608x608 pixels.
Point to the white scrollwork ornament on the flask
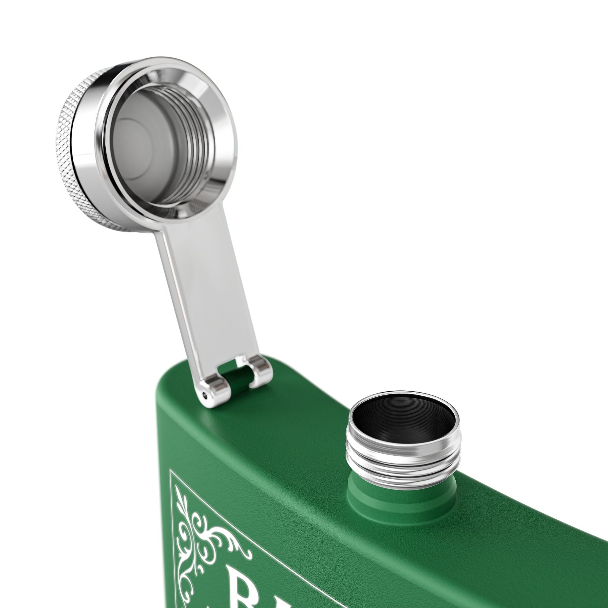pyautogui.click(x=205, y=535)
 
